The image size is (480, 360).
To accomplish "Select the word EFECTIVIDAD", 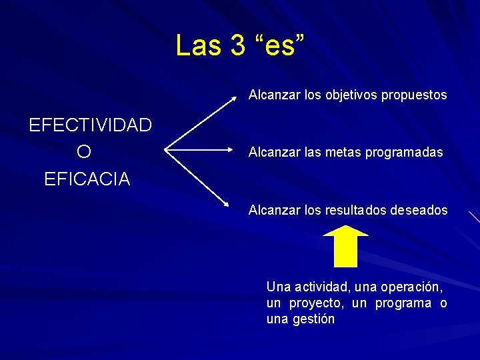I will [x=90, y=125].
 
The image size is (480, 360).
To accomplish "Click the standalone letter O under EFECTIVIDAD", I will [x=84, y=152].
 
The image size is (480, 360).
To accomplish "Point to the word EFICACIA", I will [x=87, y=179].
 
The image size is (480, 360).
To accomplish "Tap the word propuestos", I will [x=414, y=95].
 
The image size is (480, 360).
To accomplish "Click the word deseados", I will [x=421, y=211].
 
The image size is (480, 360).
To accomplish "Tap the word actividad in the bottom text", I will [x=322, y=287].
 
